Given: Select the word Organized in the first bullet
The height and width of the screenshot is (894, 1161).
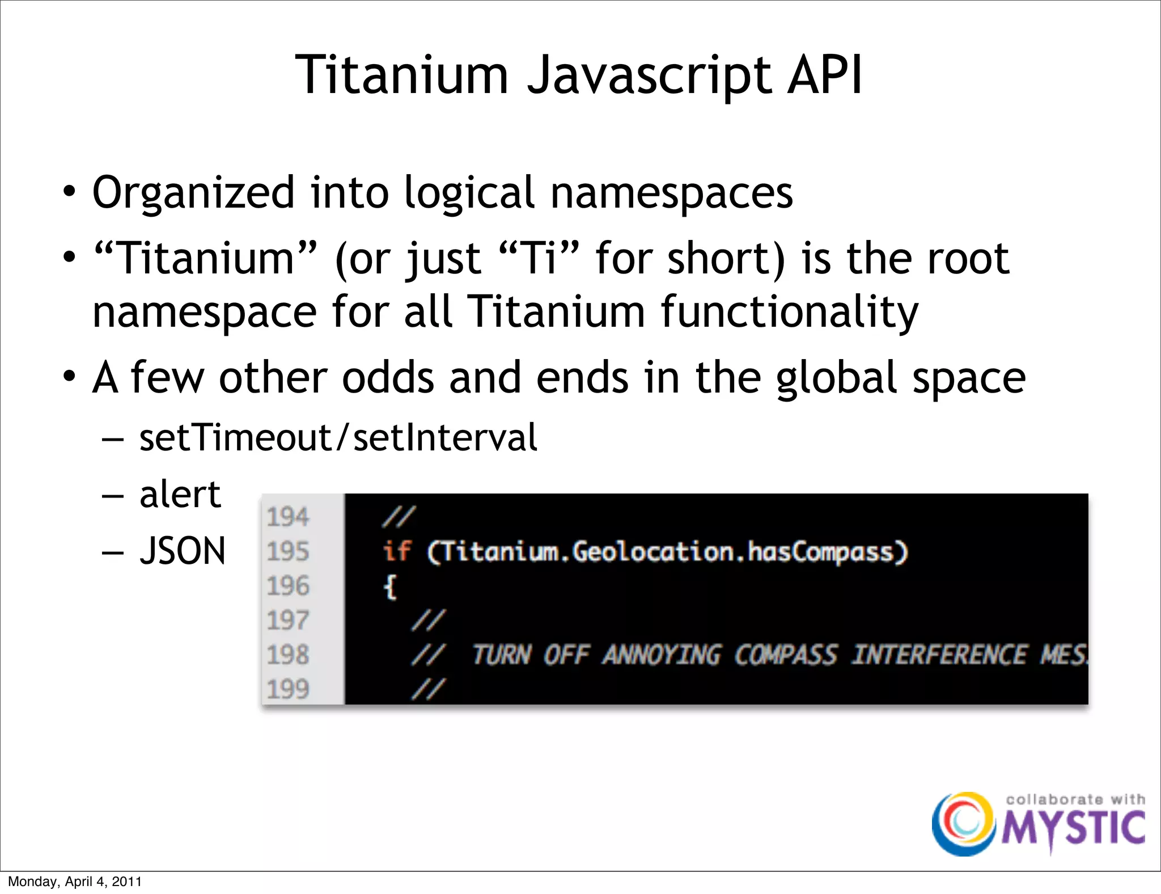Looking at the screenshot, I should coord(193,193).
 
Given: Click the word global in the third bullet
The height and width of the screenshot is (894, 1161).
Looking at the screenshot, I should coord(837,378).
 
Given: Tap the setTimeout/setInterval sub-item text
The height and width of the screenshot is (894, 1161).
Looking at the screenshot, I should coord(338,437).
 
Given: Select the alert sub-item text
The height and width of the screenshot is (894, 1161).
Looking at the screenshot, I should coord(180,494).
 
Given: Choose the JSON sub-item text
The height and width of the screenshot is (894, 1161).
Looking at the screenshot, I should coord(183,551).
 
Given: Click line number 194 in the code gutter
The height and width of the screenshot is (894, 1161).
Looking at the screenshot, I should coord(288,517).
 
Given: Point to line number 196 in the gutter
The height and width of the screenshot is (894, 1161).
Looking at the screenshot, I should coord(288,586).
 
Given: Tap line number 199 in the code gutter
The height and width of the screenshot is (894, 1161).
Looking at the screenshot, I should coord(288,689).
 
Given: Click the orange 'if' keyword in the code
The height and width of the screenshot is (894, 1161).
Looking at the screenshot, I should coord(396,551).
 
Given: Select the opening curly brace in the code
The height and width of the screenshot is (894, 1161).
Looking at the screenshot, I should coord(390,586).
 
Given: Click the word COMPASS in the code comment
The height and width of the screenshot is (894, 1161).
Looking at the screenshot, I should coord(786,655).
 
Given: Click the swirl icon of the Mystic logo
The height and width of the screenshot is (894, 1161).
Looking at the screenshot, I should coord(963,824).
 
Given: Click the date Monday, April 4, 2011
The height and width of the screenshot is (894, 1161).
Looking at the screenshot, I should coord(75,882).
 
